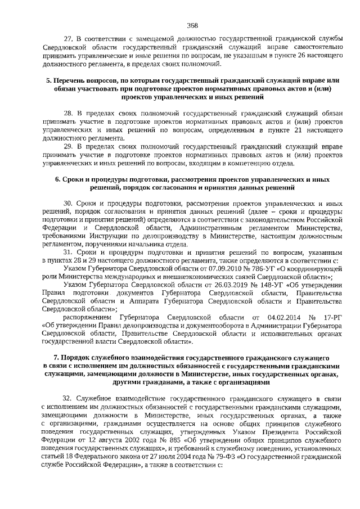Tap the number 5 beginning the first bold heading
(48, 82)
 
